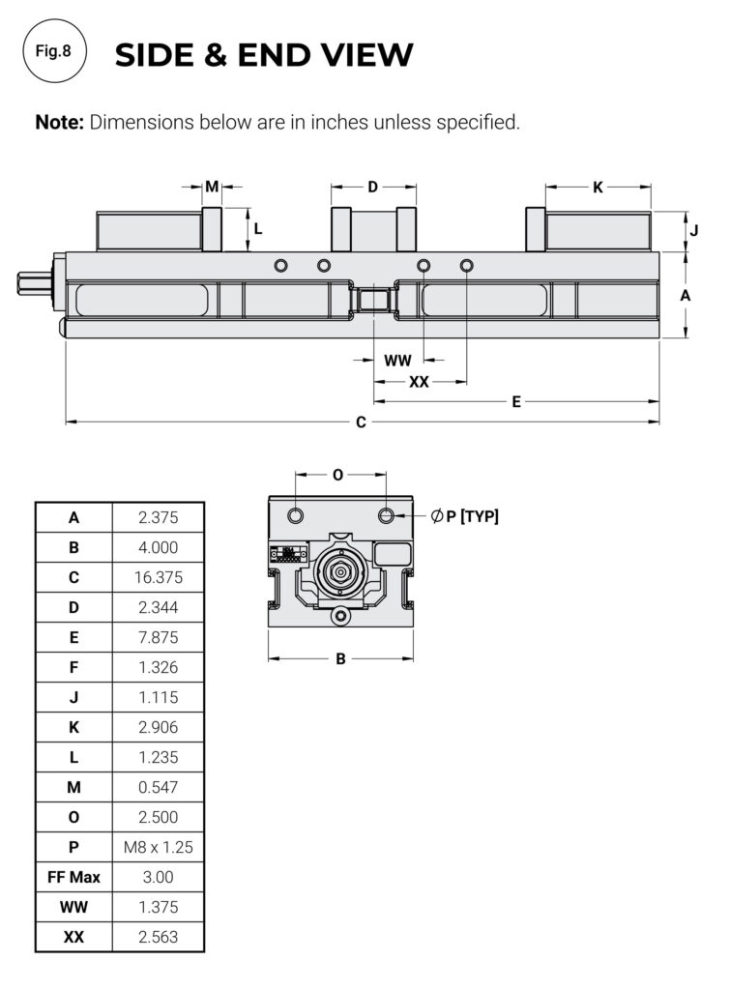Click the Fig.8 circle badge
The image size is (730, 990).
click(x=53, y=52)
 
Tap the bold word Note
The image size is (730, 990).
click(x=60, y=123)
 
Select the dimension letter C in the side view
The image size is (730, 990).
click(x=361, y=422)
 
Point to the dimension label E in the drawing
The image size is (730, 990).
click(x=516, y=401)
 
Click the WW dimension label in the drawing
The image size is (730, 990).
click(x=397, y=361)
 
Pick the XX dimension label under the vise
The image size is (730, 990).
click(x=419, y=382)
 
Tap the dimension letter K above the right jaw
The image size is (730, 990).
click(x=598, y=188)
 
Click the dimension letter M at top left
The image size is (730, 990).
click(x=212, y=188)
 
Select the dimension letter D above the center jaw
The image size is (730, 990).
click(x=372, y=188)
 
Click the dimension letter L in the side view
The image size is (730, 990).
click(x=258, y=229)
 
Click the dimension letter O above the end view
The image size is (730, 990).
click(x=337, y=475)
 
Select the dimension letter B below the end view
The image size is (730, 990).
click(x=340, y=659)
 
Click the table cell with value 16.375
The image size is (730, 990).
click(x=158, y=577)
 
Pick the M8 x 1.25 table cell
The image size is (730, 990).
click(x=158, y=847)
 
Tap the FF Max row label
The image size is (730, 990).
click(x=74, y=877)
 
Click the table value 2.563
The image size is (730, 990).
click(x=158, y=937)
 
